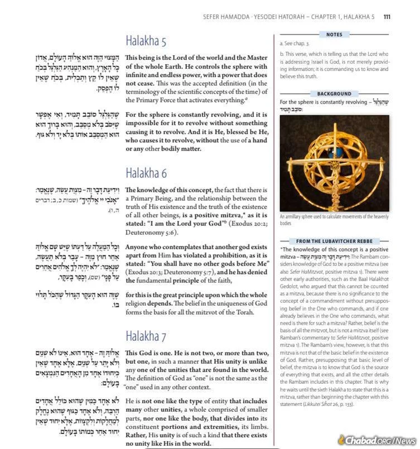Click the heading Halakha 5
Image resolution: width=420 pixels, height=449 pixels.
[x=146, y=41]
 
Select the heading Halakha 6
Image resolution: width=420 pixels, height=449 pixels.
[x=146, y=172]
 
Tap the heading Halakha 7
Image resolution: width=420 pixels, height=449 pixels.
[x=146, y=336]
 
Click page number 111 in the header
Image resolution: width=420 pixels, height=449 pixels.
[x=387, y=17]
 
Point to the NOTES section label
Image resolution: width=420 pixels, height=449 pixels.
[x=334, y=35]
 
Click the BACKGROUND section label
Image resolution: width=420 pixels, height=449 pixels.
[x=334, y=94]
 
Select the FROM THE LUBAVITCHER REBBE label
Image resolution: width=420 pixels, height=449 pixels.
[x=334, y=240]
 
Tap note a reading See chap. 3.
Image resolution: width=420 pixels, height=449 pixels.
[x=295, y=43]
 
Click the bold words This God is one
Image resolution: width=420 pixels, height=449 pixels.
[x=151, y=353]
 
